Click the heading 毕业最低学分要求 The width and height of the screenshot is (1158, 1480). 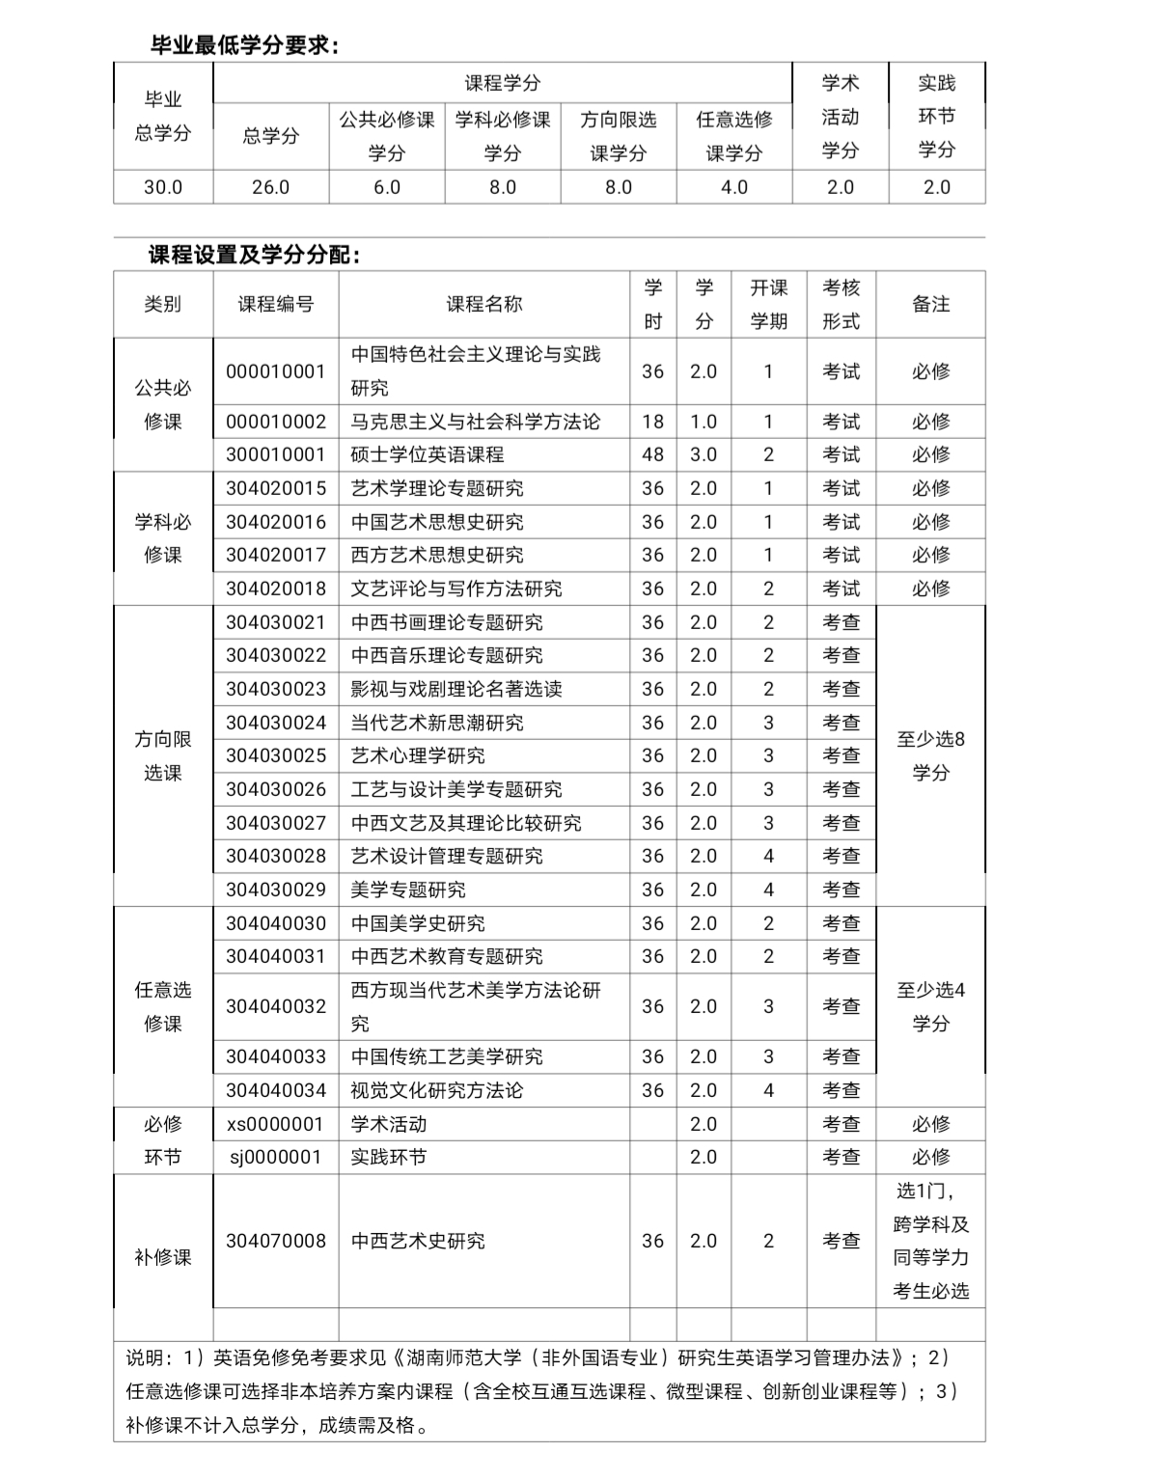(x=245, y=44)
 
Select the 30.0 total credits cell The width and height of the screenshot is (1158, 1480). (x=163, y=187)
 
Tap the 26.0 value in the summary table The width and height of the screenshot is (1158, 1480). (x=270, y=187)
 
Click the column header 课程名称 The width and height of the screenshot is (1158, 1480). (x=483, y=304)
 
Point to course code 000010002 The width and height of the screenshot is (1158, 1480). (x=276, y=422)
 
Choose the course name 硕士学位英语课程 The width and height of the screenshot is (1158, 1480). (x=427, y=454)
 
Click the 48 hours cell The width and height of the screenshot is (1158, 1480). (x=652, y=454)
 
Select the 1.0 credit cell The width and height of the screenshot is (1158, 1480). (x=703, y=422)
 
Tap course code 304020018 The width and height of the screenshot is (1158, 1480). (x=276, y=589)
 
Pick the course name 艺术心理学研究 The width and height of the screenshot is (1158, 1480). (x=417, y=755)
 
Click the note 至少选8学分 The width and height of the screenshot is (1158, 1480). (x=930, y=755)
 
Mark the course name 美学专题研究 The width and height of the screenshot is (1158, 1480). (x=407, y=890)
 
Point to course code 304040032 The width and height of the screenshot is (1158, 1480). (x=276, y=1006)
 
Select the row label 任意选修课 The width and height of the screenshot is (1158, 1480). (x=163, y=1006)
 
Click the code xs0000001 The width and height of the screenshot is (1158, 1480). (x=276, y=1124)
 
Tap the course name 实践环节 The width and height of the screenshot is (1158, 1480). (x=388, y=1157)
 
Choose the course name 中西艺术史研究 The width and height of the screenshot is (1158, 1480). (x=417, y=1241)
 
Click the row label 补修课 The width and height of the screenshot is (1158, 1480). (x=163, y=1257)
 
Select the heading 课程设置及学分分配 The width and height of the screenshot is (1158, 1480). (x=255, y=255)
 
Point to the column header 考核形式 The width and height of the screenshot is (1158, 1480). (x=841, y=304)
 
